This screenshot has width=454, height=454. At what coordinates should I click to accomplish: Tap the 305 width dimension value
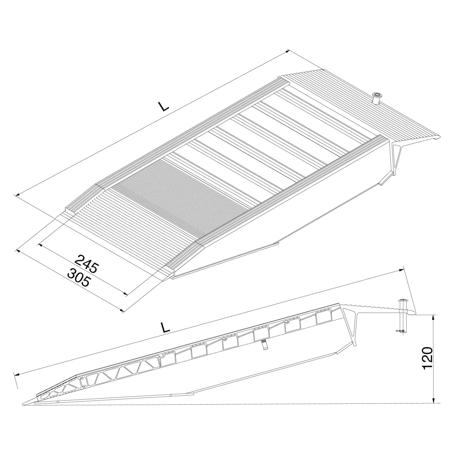coord(78,278)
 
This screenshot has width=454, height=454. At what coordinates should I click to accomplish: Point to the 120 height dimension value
coord(428,358)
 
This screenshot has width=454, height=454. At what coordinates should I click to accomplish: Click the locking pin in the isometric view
coord(377,98)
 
